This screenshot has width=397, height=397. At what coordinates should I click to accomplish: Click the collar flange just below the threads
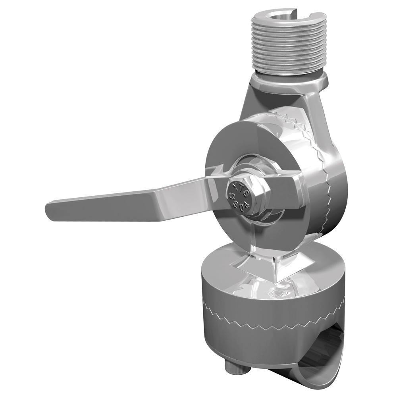pyautogui.click(x=290, y=81)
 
